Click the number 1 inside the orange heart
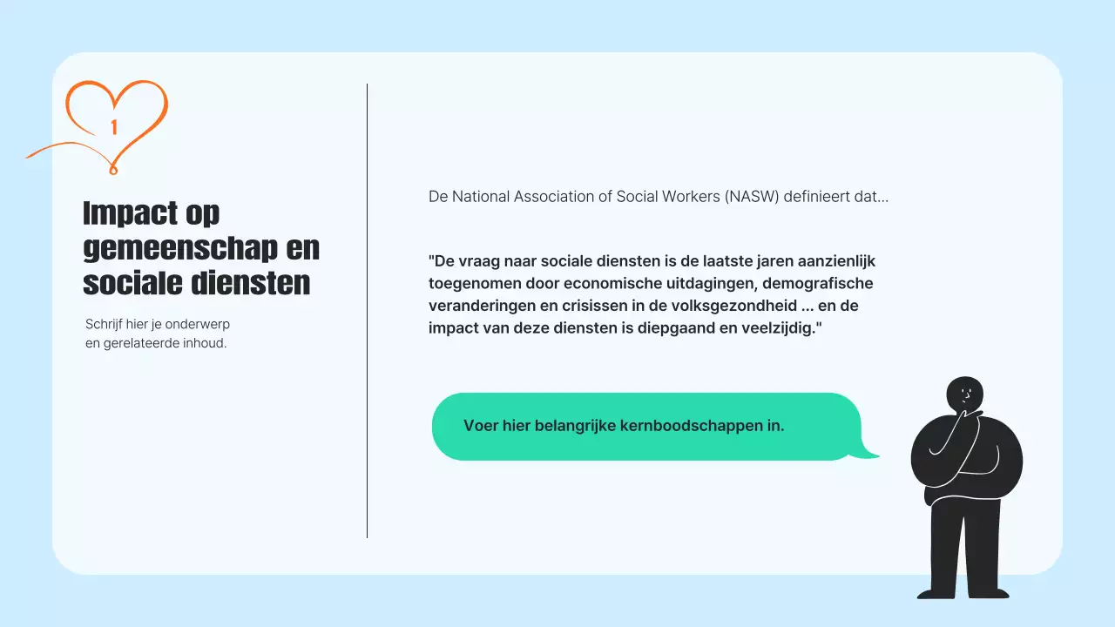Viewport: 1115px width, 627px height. point(114,127)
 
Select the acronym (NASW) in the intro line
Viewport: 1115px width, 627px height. point(751,197)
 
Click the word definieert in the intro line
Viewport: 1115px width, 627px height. point(815,197)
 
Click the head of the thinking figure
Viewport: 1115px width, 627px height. point(964,394)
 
